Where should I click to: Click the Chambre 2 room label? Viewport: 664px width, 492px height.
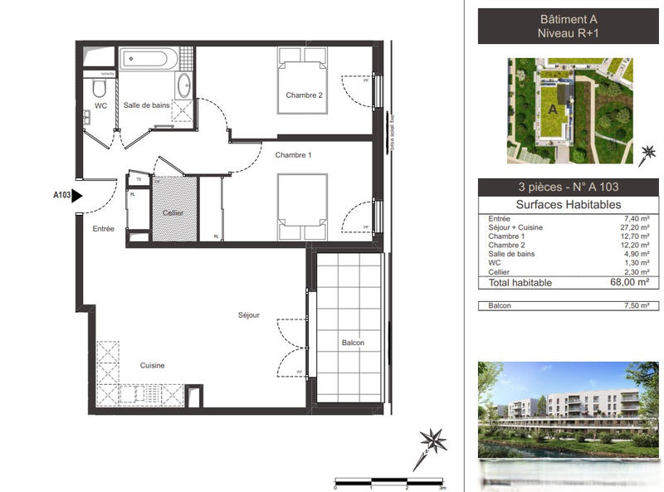pos(304,95)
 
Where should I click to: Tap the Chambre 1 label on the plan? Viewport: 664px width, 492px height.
pos(293,155)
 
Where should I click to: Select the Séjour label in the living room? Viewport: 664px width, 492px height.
pos(249,315)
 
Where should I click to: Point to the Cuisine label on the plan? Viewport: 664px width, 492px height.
pos(152,365)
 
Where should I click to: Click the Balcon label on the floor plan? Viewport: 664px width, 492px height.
pos(353,343)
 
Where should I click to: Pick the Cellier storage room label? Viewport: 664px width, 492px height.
pos(173,213)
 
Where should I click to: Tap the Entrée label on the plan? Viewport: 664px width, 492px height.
pos(104,229)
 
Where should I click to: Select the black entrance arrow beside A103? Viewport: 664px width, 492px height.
pos(77,196)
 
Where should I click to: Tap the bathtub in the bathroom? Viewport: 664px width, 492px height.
pos(149,59)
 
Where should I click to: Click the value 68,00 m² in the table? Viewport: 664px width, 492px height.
pos(634,282)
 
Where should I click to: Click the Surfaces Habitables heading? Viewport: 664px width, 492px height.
pos(569,205)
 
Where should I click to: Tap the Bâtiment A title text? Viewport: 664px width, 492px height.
pos(569,19)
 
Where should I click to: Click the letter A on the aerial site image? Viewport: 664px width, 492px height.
pos(552,109)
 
